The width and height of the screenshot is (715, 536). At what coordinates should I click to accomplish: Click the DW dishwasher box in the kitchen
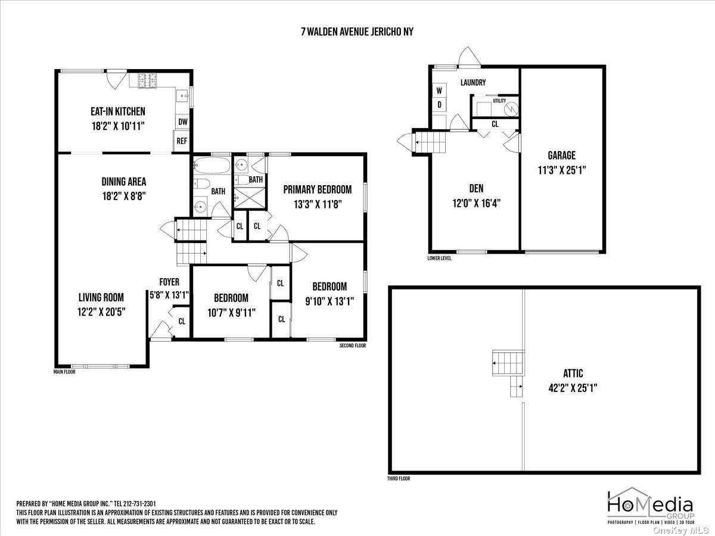click(182, 121)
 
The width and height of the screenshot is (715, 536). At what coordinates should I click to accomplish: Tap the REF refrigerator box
click(182, 141)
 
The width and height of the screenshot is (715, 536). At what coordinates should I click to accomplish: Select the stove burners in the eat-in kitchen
click(148, 81)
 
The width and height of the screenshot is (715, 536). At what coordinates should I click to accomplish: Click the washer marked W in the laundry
click(439, 90)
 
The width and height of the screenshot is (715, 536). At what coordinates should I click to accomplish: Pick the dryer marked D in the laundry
click(439, 105)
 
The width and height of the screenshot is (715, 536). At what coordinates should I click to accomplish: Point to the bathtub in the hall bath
click(212, 166)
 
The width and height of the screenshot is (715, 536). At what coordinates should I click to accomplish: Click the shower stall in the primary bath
click(250, 198)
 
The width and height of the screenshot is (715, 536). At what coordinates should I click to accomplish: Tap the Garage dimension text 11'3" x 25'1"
click(562, 170)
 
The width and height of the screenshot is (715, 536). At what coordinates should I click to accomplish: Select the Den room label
click(476, 188)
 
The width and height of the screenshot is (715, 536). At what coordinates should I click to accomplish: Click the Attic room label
click(573, 373)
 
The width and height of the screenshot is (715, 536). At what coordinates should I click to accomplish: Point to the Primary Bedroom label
click(317, 189)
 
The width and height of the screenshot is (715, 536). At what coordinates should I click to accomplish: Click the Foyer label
click(169, 282)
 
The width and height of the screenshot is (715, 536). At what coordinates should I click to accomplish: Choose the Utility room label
click(499, 101)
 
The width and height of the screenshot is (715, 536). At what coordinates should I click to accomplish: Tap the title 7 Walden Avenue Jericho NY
click(357, 32)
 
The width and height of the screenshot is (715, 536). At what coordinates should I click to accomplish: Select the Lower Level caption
click(439, 258)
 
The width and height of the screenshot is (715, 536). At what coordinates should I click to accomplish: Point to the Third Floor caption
click(399, 478)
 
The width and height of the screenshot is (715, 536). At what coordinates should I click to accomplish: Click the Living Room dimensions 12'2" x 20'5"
click(101, 312)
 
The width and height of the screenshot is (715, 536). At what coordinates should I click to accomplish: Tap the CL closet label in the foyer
click(182, 321)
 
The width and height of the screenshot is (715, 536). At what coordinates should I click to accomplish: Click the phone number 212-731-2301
click(141, 504)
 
